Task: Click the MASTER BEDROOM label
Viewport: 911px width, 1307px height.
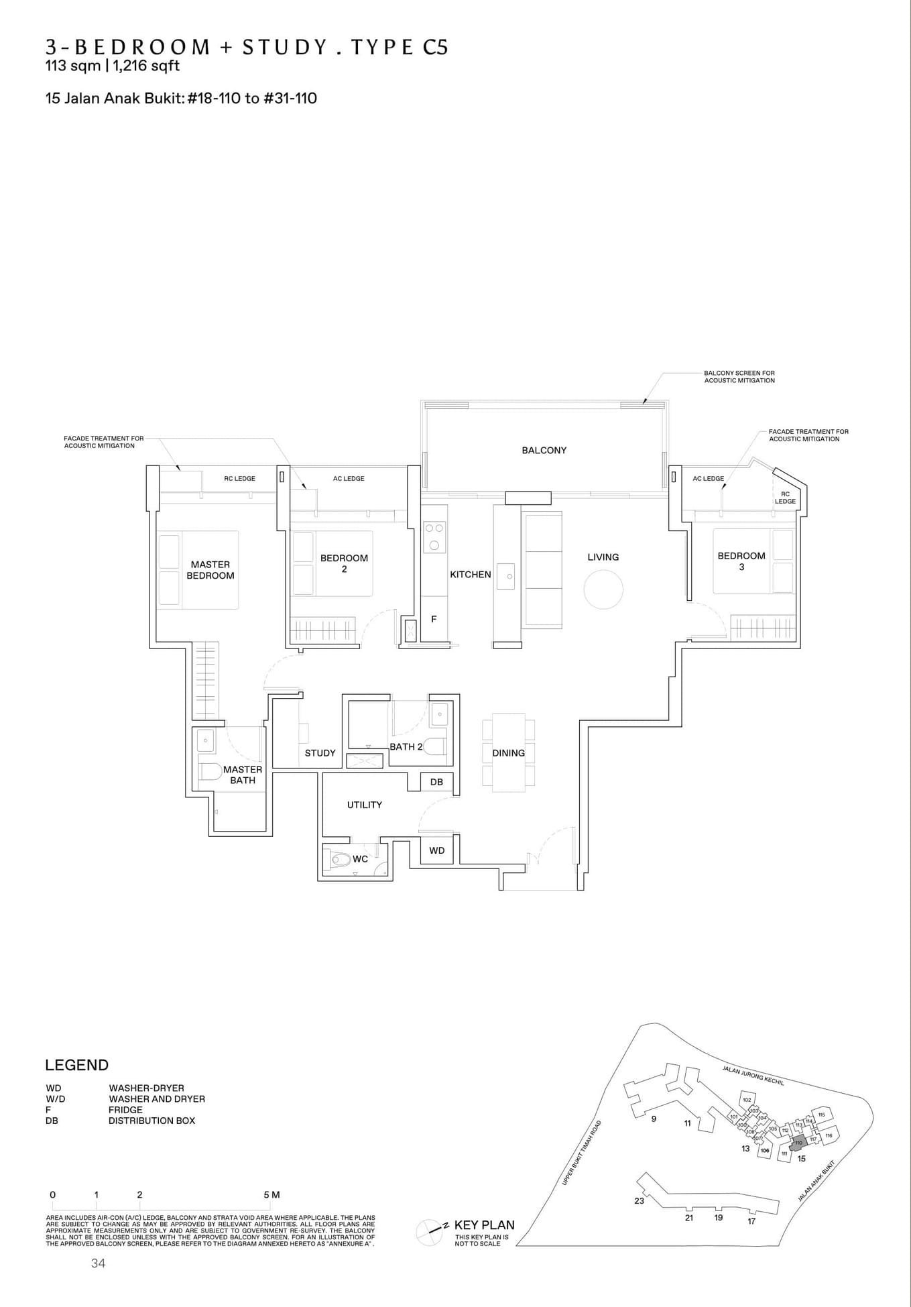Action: (x=210, y=570)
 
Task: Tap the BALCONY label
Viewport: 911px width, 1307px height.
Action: (x=544, y=450)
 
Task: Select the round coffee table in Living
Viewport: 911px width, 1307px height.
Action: (x=603, y=589)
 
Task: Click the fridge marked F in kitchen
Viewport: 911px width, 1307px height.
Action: (x=434, y=619)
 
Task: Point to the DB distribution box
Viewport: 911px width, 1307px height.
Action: (x=436, y=782)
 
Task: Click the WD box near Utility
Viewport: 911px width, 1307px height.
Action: (x=436, y=850)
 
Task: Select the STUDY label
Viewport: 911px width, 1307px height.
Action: (x=320, y=753)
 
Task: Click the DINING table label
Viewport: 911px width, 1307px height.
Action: (x=508, y=753)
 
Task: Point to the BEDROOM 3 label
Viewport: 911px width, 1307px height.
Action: (x=741, y=561)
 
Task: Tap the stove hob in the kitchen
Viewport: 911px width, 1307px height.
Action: (x=434, y=536)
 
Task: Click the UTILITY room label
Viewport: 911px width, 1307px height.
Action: (x=364, y=805)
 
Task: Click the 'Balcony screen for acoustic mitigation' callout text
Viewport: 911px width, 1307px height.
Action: (x=739, y=376)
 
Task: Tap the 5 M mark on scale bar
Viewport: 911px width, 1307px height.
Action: (x=271, y=1195)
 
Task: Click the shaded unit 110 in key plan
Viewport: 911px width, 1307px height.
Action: (x=797, y=1143)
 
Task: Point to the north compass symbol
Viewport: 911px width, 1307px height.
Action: (x=428, y=1229)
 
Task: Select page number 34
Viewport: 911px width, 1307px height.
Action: (x=98, y=1263)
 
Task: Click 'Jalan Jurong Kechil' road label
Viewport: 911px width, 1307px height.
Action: (x=753, y=1074)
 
